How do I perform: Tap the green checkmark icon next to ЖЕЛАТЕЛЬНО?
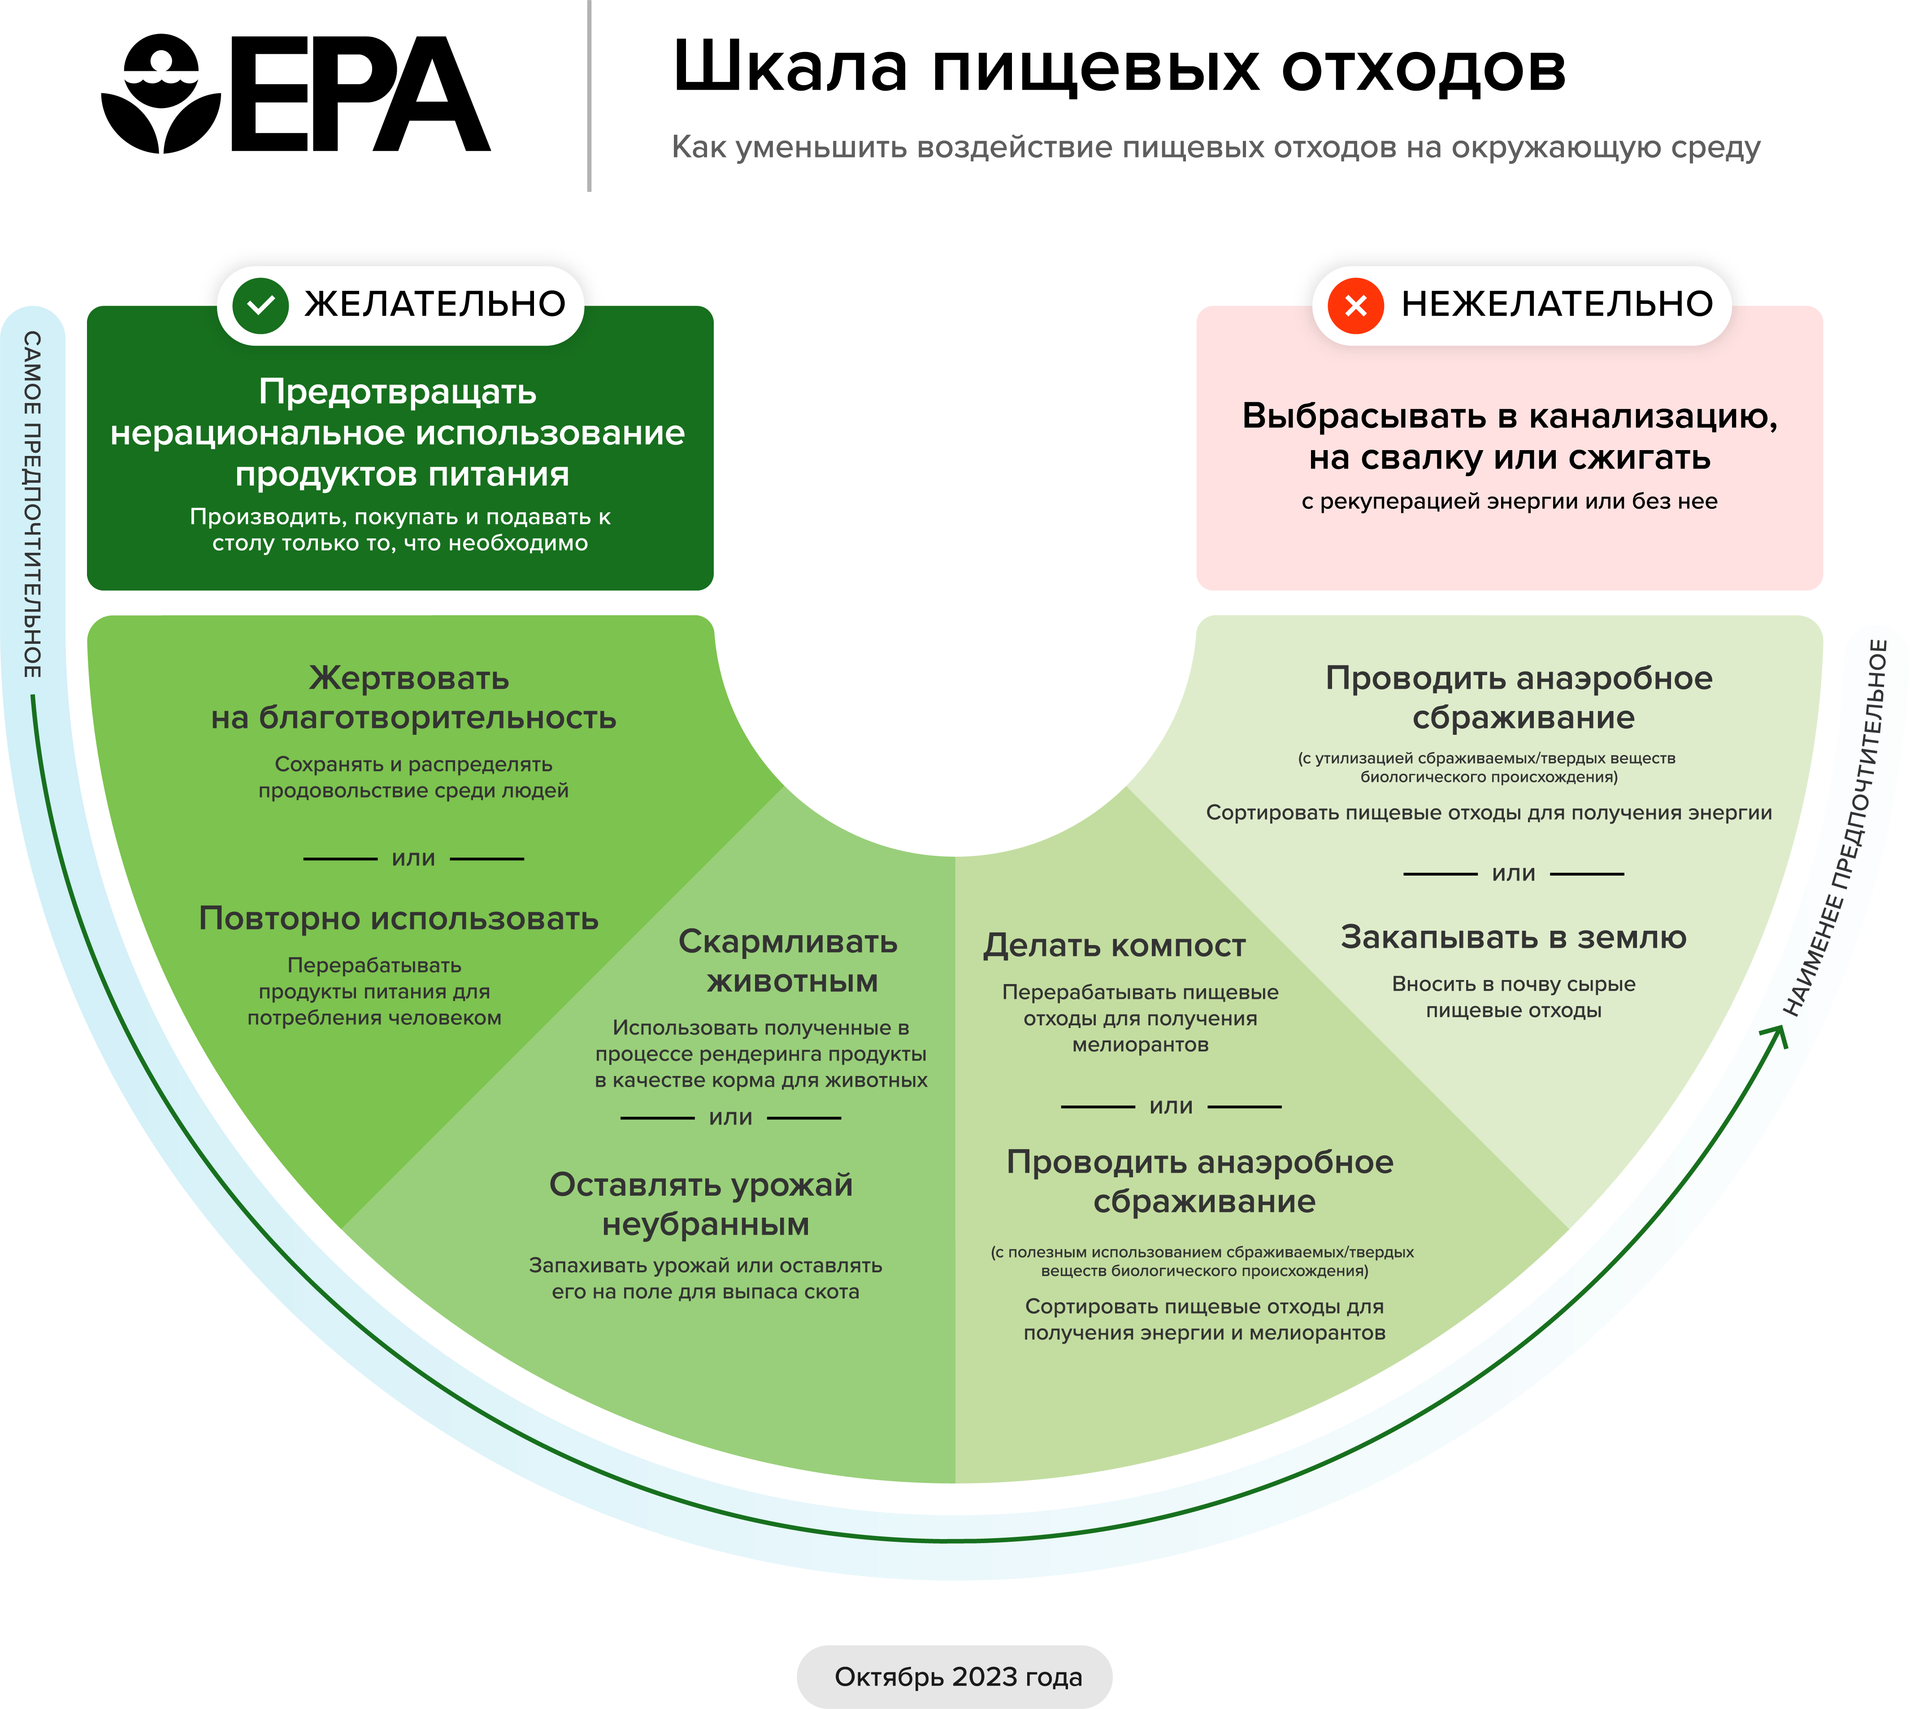point(260,305)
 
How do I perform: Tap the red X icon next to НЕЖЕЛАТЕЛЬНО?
point(1355,305)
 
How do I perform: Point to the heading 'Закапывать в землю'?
point(1513,937)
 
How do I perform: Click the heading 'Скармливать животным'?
point(789,962)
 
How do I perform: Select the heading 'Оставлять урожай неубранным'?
point(702,1205)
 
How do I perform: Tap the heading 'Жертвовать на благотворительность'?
point(413,698)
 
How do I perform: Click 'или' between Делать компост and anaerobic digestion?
point(1171,1106)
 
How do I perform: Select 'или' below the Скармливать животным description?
point(730,1117)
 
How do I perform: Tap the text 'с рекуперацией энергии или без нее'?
point(1509,501)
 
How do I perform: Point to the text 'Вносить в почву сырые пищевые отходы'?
point(1513,997)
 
